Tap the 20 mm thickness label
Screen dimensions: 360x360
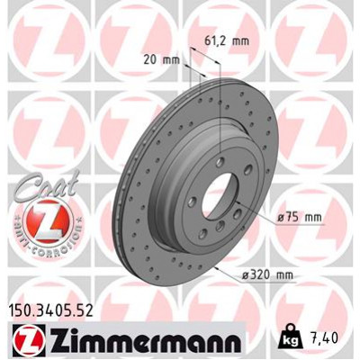coord(163,59)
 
